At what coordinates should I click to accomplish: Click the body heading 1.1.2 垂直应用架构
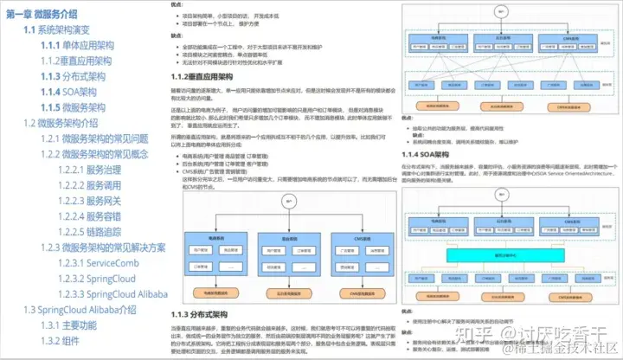coord(204,78)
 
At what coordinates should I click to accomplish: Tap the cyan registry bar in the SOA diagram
coord(502,256)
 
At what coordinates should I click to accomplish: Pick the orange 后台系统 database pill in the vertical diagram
coord(283,292)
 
